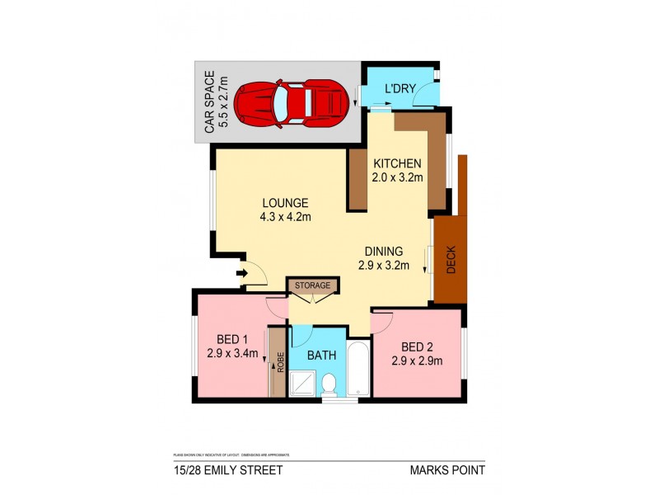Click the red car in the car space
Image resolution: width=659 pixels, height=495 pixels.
289,102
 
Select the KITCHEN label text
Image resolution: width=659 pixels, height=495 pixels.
398,163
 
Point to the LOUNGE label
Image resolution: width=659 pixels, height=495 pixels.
285,203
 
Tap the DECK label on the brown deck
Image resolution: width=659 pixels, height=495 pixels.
451,261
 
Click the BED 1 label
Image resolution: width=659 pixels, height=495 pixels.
232,339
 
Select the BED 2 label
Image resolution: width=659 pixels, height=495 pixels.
417,346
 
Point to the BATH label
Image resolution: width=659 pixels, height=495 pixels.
322,356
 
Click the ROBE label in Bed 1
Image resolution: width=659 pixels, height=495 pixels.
280,363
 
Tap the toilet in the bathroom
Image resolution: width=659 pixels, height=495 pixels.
328,384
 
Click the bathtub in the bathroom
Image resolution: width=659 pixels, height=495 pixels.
358,367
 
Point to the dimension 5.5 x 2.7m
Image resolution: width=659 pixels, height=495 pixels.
222,102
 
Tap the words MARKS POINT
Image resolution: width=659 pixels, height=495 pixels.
446,470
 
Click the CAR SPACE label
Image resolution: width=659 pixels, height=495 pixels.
208,102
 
